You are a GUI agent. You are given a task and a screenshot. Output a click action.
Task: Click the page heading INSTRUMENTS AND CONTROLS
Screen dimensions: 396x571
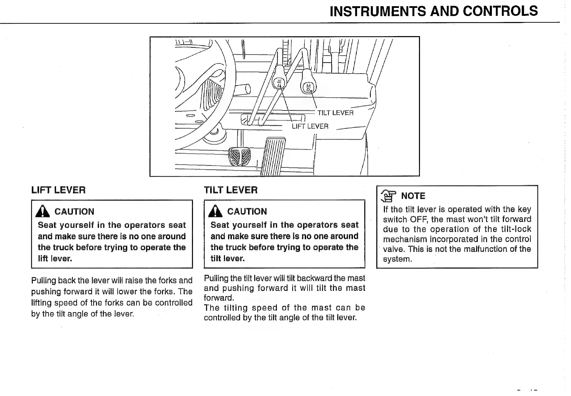(433, 11)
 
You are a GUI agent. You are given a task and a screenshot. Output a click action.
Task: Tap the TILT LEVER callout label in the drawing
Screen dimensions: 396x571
(335, 113)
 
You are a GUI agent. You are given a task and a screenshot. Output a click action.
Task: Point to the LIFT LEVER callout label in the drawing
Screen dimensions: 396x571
(310, 126)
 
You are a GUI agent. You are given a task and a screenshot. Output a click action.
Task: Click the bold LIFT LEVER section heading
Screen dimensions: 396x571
(58, 190)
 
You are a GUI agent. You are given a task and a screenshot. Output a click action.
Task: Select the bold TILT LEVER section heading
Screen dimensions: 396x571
(230, 190)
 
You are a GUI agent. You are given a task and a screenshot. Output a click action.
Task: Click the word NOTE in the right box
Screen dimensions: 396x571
(413, 196)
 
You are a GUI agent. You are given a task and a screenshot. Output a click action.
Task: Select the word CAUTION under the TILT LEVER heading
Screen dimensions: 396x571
(247, 211)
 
